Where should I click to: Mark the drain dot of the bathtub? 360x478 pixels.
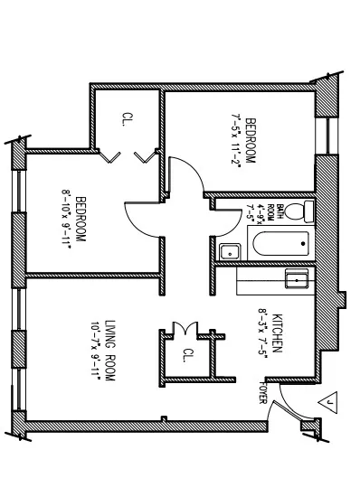[299, 242]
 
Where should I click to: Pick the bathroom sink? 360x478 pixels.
[230, 251]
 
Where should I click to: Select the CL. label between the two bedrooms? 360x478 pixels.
[127, 119]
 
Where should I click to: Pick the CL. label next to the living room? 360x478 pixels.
[188, 355]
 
